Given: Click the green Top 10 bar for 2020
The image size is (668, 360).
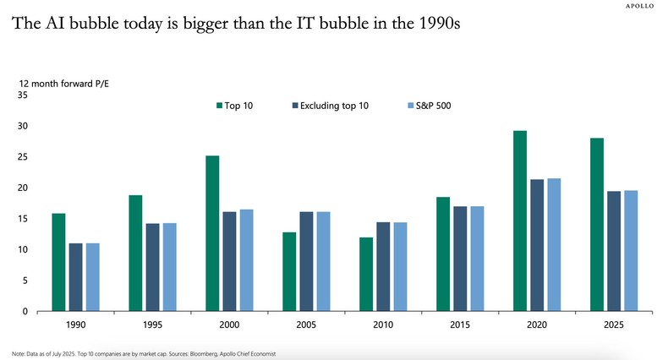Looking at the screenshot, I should pyautogui.click(x=520, y=221).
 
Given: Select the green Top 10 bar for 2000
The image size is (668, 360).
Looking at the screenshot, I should pyautogui.click(x=212, y=233).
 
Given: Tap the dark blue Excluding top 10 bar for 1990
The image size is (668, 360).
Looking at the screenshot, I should pyautogui.click(x=75, y=277).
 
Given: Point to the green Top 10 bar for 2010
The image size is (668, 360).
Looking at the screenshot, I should pyautogui.click(x=366, y=274).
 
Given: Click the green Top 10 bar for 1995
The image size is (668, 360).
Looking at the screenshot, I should pyautogui.click(x=135, y=253).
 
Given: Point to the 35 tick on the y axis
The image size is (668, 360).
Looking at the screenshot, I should pyautogui.click(x=23, y=95).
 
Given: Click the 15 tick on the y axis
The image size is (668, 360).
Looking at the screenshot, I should pyautogui.click(x=23, y=219).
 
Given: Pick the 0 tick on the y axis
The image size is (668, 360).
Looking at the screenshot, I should pyautogui.click(x=25, y=311).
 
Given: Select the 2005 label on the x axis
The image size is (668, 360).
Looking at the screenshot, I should pyautogui.click(x=306, y=325).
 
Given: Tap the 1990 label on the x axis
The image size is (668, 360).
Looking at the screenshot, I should pyautogui.click(x=75, y=325).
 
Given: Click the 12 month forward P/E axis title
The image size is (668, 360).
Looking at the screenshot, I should pyautogui.click(x=56, y=83).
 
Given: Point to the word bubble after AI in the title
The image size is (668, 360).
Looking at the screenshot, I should pyautogui.click(x=101, y=23).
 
